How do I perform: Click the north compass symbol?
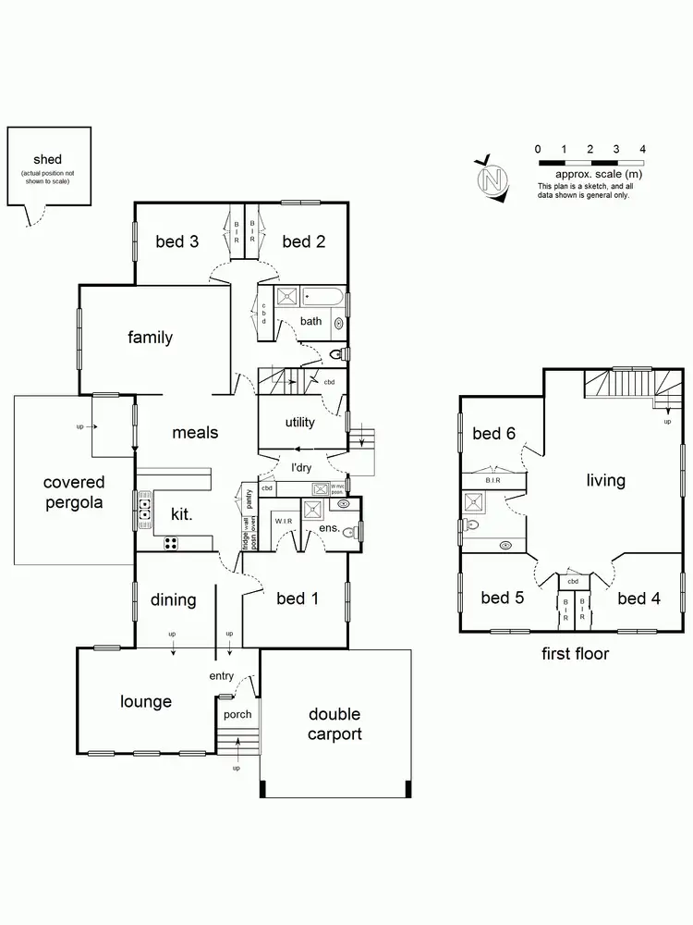493,178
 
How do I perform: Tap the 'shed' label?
47,160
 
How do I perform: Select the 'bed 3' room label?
176,242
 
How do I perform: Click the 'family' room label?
150,338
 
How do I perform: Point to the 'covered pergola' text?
74,493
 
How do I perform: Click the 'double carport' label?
334,724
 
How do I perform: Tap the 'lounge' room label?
146,701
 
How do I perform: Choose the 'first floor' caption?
575,654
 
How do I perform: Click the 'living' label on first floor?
605,480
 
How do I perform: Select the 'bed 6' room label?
494,434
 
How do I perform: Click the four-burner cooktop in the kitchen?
172,544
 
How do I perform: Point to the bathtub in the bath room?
324,298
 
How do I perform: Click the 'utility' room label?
299,423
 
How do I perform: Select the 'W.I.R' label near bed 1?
283,522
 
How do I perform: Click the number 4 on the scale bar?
642,149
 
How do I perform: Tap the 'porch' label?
237,714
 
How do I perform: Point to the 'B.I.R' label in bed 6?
492,482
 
